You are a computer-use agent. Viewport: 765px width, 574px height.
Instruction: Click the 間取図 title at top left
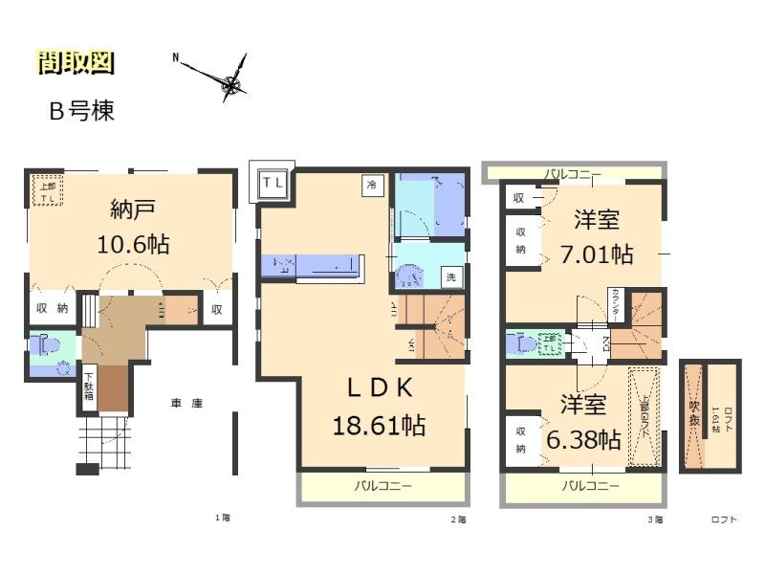click(76, 63)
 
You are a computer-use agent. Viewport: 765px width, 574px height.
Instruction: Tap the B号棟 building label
click(82, 111)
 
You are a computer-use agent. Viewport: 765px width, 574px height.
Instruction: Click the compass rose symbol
click(230, 86)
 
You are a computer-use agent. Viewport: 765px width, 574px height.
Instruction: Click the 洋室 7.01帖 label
click(602, 238)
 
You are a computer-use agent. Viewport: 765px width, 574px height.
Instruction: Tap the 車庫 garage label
click(186, 404)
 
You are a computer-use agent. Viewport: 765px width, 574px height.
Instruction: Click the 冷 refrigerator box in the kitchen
click(369, 187)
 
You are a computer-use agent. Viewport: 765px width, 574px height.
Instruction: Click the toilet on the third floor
click(524, 342)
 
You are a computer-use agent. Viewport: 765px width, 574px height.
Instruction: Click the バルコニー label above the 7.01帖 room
click(572, 173)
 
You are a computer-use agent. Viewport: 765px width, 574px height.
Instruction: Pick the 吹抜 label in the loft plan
click(695, 413)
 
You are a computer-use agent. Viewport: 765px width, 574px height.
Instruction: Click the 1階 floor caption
click(222, 519)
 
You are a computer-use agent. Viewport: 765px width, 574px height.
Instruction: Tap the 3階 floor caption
click(654, 519)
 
